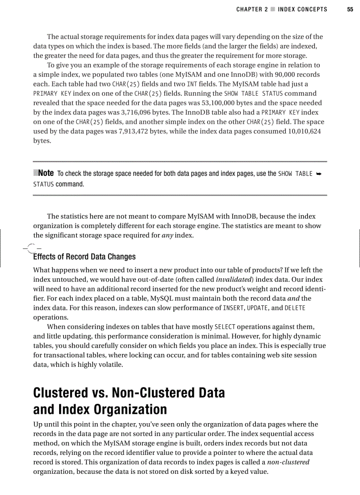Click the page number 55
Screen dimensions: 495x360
350,9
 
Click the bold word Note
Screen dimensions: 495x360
46,173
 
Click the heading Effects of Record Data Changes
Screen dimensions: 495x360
84,257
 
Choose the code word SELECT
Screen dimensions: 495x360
225,327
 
